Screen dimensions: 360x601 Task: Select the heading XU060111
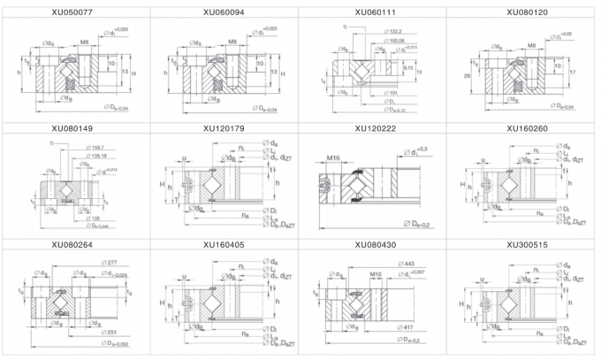point(376,12)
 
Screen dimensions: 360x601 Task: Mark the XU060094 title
point(225,12)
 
